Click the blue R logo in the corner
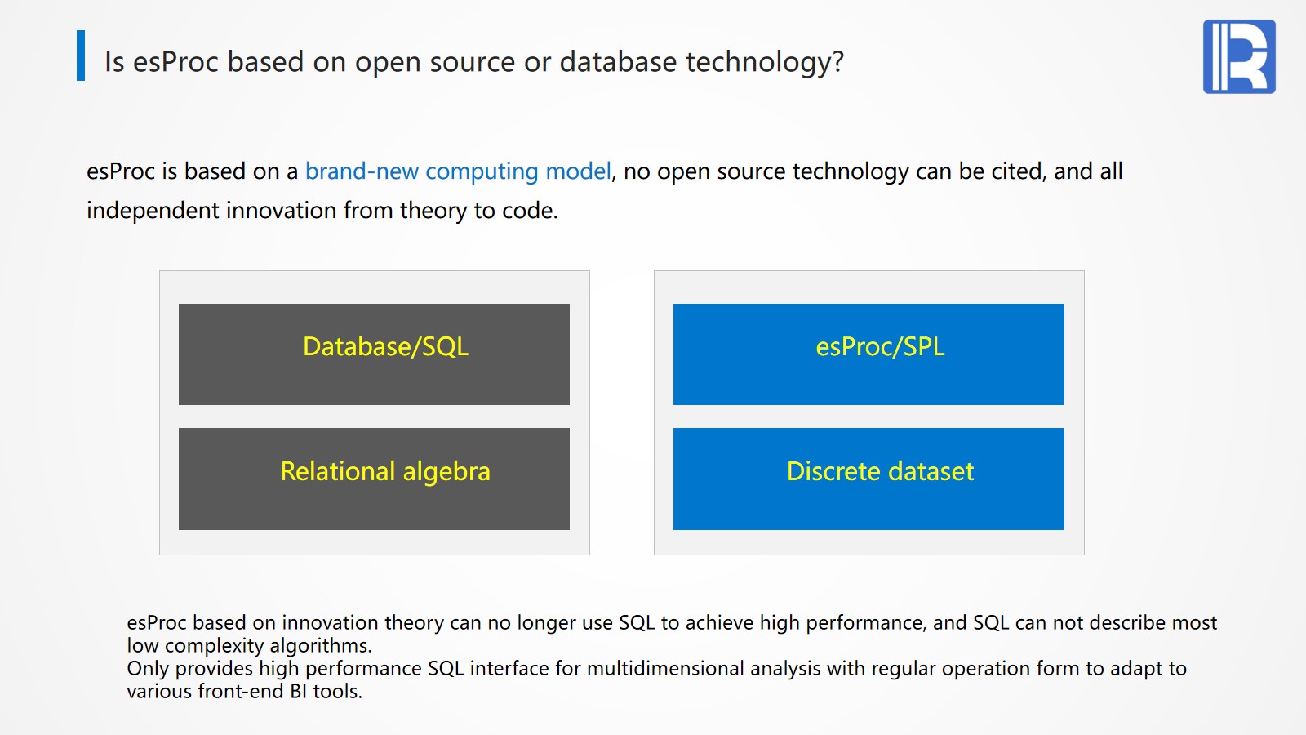pos(1239,56)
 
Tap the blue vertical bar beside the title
pos(81,56)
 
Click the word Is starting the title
pos(114,62)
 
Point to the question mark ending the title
pos(837,61)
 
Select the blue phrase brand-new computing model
pos(458,171)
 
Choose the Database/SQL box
pos(374,354)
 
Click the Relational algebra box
pos(374,479)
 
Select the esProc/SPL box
pos(868,354)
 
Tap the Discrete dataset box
pos(868,479)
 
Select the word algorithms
pos(321,646)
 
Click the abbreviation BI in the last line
pos(298,692)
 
